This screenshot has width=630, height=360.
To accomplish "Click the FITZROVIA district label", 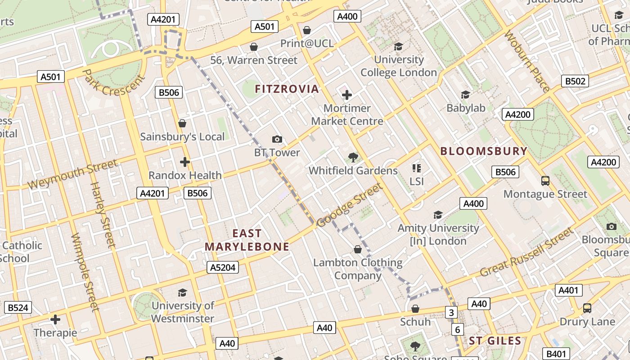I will [x=287, y=89].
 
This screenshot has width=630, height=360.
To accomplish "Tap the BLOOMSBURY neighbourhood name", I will [x=484, y=151].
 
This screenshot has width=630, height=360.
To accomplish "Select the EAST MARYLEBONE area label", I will [x=247, y=240].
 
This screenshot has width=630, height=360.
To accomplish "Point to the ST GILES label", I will [x=495, y=341].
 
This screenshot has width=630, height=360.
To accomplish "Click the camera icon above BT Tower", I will [x=277, y=139].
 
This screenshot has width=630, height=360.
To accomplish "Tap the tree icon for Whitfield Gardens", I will [x=353, y=157].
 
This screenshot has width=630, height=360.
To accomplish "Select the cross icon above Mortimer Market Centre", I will [x=347, y=95].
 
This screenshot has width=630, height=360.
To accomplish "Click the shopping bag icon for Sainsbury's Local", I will [x=182, y=123].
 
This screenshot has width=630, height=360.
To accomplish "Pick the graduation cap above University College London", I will [x=398, y=46].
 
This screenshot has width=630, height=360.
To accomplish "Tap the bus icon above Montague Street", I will [x=545, y=181].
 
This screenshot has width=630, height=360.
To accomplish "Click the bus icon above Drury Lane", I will [x=587, y=308].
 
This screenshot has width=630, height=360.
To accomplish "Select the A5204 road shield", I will [x=223, y=268].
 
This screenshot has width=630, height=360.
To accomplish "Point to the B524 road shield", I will [x=18, y=308].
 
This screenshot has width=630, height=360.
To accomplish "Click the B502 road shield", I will [x=575, y=81].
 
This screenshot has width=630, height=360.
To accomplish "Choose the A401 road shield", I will [x=568, y=290].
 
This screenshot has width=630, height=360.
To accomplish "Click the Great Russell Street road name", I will [x=527, y=253].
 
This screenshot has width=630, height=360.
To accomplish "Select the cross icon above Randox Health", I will [x=185, y=162].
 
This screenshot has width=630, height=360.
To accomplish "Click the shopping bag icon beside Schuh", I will [x=415, y=309].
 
